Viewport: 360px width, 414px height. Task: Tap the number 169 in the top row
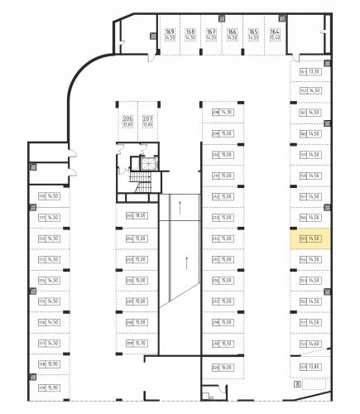point(170,31)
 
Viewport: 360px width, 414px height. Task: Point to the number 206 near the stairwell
point(127,118)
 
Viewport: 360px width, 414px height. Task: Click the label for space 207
point(147,118)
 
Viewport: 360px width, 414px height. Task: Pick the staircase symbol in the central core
point(146,163)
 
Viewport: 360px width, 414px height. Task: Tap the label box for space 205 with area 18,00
point(136,216)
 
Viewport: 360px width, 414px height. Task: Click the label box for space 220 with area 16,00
point(223,367)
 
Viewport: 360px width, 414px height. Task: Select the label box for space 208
point(222,112)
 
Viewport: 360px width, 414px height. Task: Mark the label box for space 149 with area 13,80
point(309,366)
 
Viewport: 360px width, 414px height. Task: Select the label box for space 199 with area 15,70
point(136,344)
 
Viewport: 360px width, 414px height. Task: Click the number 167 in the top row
point(210,31)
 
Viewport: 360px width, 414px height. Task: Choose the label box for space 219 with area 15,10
point(223,344)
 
